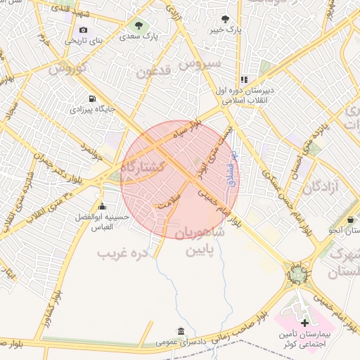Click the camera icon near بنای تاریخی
(x=84, y=30)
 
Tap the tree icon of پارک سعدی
(x=138, y=24)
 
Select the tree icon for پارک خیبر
(x=225, y=20)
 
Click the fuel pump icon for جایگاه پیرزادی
(x=93, y=99)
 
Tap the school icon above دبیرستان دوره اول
(x=244, y=79)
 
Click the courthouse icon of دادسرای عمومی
(x=181, y=330)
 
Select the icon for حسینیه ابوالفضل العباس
(x=103, y=206)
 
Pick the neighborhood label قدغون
(x=154, y=70)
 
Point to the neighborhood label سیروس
(x=199, y=64)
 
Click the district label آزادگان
(x=323, y=187)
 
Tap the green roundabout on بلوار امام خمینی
(x=297, y=273)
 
